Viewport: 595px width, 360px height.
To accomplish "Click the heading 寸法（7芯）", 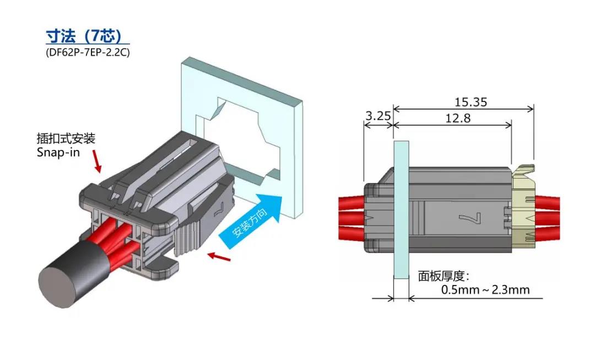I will pyautogui.click(x=87, y=36).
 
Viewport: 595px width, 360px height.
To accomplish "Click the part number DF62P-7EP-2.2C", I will pyautogui.click(x=88, y=53).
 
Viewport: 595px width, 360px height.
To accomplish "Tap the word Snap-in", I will pyautogui.click(x=58, y=152).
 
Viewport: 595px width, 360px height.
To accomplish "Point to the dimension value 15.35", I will pyautogui.click(x=470, y=102).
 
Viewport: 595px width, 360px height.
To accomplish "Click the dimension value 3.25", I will pyautogui.click(x=377, y=116).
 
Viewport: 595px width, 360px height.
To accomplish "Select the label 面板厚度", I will pyautogui.click(x=443, y=276).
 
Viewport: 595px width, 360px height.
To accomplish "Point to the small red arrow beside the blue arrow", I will pyautogui.click(x=218, y=256).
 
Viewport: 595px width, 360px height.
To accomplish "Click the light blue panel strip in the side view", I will pyautogui.click(x=401, y=209).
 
